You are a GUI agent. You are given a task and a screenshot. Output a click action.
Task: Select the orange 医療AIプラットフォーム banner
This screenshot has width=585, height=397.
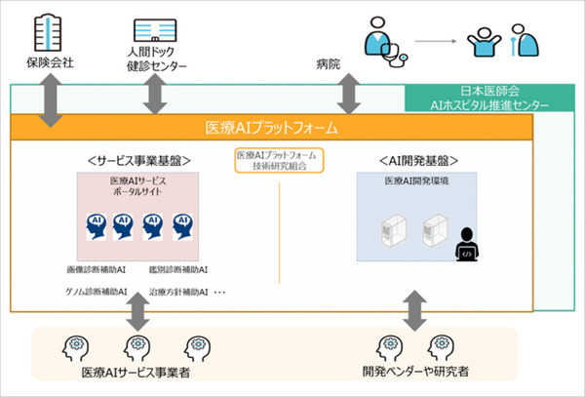[270, 128]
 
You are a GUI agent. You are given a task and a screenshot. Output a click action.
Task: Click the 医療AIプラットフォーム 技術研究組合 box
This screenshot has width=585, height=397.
[279, 161]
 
